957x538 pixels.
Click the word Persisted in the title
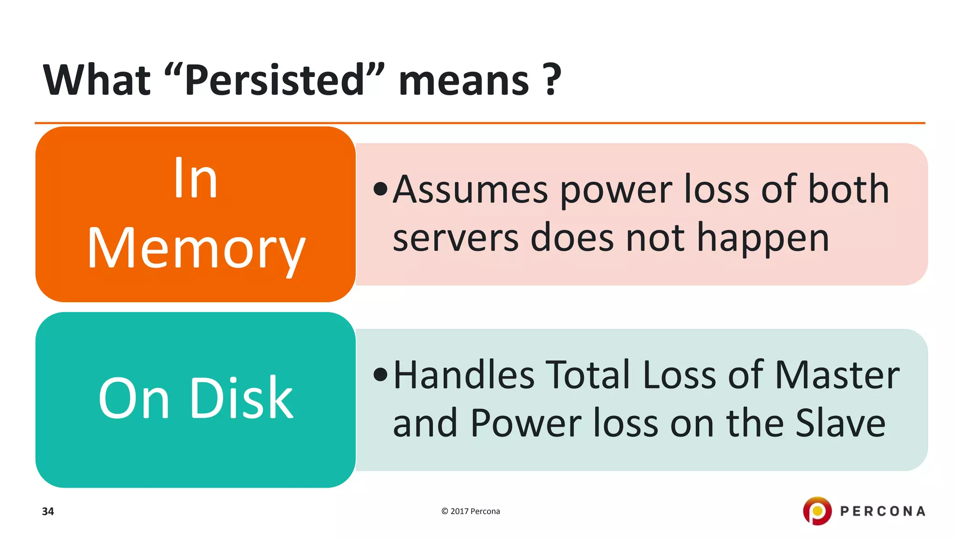[275, 80]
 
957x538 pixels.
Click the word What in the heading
[97, 80]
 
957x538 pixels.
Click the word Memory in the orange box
[196, 249]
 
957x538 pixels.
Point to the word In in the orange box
[195, 178]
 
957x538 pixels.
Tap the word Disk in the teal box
[242, 398]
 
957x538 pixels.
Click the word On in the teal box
[134, 399]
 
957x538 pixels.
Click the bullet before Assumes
[381, 189]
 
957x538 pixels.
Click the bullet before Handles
[381, 375]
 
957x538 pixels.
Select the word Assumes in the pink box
[470, 189]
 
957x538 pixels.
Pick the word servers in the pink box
[456, 237]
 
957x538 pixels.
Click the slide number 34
[48, 511]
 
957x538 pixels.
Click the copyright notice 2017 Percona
[471, 511]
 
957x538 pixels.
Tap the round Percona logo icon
[817, 511]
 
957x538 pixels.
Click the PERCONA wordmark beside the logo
[883, 511]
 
